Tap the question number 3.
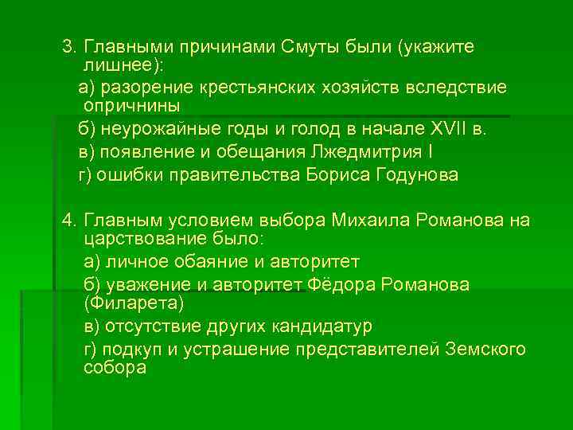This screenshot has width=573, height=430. point(68,46)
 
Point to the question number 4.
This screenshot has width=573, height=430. point(68,221)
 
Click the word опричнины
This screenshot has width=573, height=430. point(131,105)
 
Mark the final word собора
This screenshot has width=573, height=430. point(115,368)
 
